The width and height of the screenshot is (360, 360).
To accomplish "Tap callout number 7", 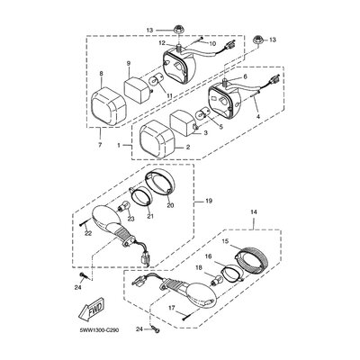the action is click(100, 145).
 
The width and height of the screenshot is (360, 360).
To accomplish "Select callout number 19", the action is click(209, 201).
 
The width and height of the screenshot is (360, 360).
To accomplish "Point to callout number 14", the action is click(254, 212).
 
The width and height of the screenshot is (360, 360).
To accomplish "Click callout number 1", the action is click(119, 145).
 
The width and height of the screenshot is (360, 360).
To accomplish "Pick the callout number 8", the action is click(102, 73).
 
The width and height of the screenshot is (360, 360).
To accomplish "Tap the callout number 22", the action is click(89, 233).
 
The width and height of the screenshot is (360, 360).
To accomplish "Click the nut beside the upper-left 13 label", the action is click(176, 29).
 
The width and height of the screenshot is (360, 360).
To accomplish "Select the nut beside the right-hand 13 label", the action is click(256, 40).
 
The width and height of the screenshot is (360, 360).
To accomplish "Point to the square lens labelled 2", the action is click(157, 139).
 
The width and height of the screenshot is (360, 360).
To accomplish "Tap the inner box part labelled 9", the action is click(138, 86).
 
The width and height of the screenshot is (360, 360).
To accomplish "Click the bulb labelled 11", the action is click(156, 82).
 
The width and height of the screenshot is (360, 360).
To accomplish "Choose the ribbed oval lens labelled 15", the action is click(249, 260).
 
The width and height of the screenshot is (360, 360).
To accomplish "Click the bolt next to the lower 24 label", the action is click(156, 329).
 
